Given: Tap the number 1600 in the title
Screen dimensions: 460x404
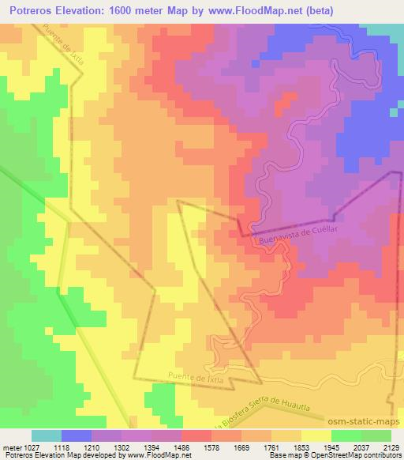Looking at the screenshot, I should coord(139,11).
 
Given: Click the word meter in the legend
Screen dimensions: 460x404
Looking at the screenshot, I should coord(10,447).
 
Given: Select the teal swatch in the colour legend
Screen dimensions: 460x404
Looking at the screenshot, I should coord(46,435).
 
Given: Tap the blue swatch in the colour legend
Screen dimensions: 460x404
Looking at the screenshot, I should coord(77,435).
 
